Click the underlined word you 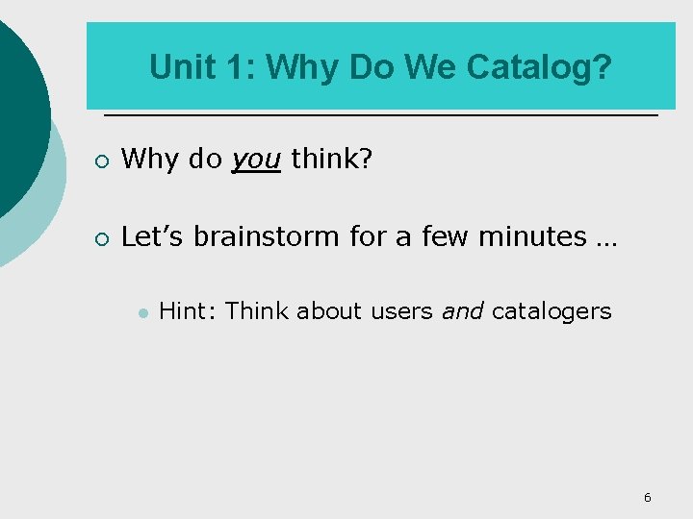point(256,160)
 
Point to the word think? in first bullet point(331,159)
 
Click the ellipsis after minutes point(606,238)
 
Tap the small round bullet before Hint point(141,312)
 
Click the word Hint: point(189,310)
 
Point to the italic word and point(463,310)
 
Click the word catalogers point(552,310)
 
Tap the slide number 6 point(647,497)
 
